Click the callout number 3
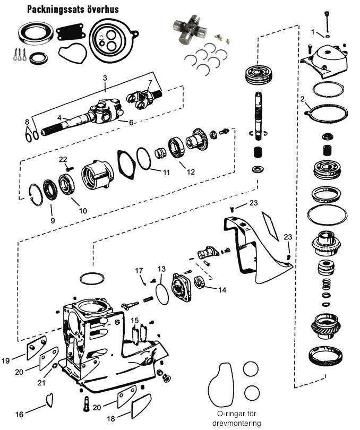[x=105, y=78]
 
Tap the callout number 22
[x=63, y=159]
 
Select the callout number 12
[x=191, y=171]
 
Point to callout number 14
[x=221, y=290]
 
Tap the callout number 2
[x=302, y=99]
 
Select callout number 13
[x=161, y=269]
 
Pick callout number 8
[x=27, y=123]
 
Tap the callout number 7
[x=150, y=82]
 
